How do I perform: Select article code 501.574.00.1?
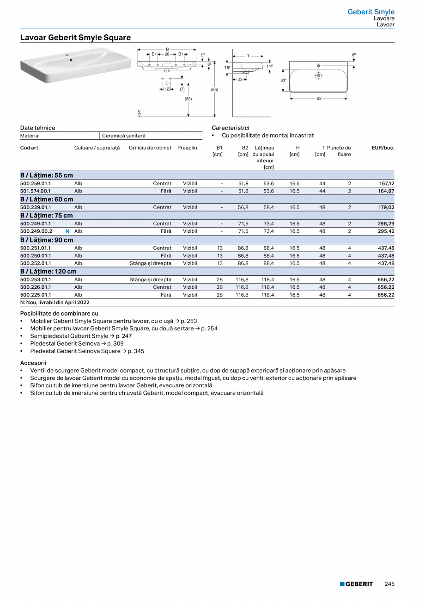(x=36, y=191)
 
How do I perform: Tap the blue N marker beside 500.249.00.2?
(x=67, y=231)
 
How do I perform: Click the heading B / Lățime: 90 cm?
(x=47, y=240)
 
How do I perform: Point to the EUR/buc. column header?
(x=383, y=148)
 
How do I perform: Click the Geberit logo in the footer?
(x=356, y=584)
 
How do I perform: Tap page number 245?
(x=389, y=584)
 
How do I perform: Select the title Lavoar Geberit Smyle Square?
(x=75, y=37)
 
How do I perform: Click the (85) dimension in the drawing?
(x=214, y=89)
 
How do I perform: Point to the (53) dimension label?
(x=188, y=99)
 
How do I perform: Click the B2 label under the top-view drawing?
(x=319, y=98)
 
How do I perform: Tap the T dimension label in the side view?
(x=248, y=56)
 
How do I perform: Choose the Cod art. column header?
(x=30, y=148)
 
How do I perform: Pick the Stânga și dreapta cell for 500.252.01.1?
(x=150, y=263)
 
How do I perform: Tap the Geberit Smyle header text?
(x=371, y=12)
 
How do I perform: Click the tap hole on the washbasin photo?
(x=70, y=59)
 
